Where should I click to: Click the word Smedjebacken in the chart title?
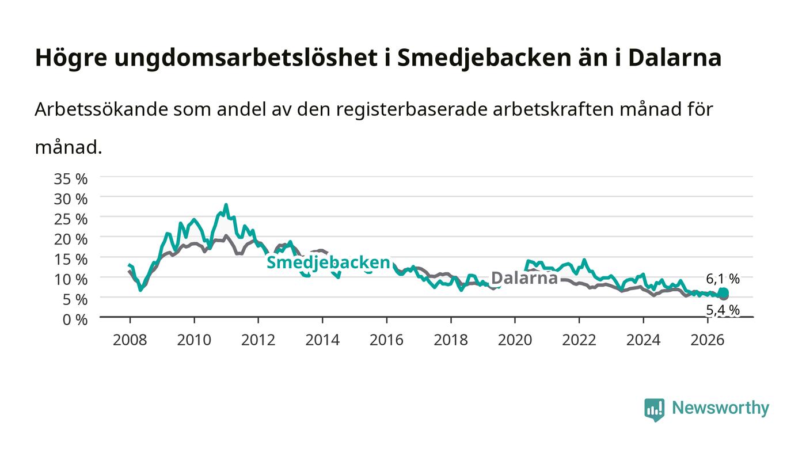484,58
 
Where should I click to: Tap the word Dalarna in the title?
675,58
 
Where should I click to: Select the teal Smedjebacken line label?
328,262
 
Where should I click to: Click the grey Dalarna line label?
524,278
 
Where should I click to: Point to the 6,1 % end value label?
723,279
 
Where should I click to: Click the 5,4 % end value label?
723,310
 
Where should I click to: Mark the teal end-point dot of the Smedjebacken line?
723,292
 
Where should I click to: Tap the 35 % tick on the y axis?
71,179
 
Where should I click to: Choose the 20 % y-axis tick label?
71,239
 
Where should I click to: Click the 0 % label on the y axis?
75,319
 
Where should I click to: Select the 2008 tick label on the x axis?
130,340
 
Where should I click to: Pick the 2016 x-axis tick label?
386,340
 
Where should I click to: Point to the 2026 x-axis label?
708,340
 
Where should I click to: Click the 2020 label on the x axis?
515,340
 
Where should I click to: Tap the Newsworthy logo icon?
654,410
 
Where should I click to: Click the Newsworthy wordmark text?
720,408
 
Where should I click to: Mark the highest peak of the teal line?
226,205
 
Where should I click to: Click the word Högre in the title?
71,58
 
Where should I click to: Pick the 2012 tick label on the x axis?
258,340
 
